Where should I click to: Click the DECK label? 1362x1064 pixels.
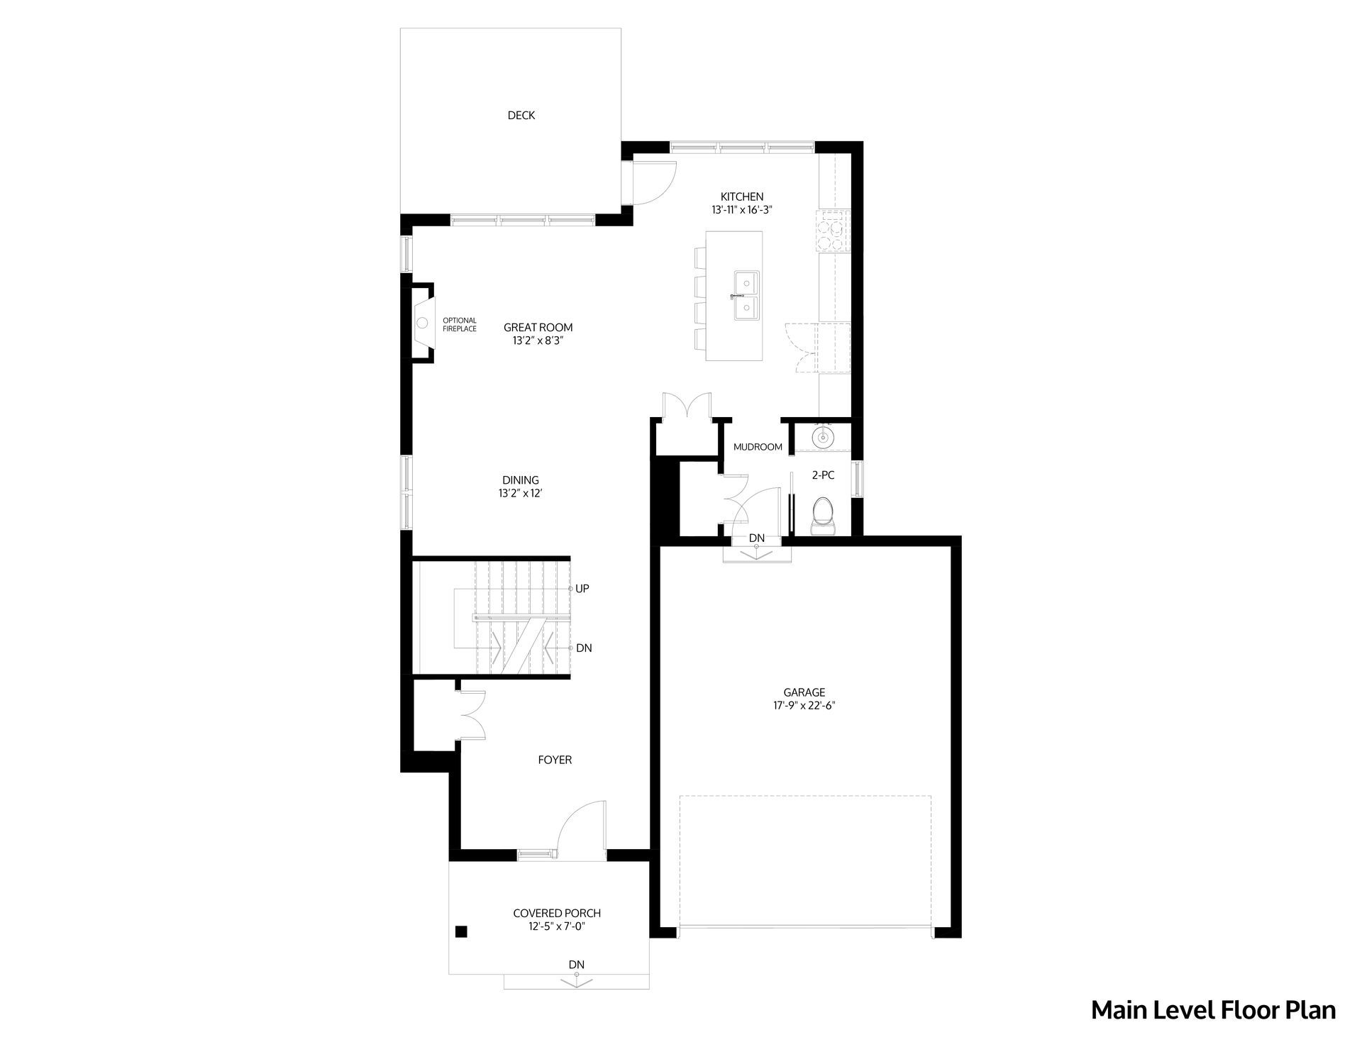(521, 115)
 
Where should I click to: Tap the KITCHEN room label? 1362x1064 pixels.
(742, 196)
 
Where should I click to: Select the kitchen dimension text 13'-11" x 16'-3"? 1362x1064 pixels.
(742, 210)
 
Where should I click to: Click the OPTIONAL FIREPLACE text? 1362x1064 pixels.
(460, 325)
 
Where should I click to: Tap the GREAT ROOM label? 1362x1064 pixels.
(538, 328)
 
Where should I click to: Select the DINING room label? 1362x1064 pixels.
(521, 480)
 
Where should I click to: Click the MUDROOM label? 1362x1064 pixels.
(758, 447)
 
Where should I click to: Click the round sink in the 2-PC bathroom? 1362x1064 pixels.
(823, 437)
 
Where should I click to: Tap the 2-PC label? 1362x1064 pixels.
(823, 475)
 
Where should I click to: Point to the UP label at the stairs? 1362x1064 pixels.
(582, 589)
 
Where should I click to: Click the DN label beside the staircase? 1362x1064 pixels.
(584, 648)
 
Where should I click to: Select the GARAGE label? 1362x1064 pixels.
(804, 692)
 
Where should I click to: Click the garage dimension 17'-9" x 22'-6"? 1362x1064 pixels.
(804, 706)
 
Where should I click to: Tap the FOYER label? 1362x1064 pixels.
(555, 760)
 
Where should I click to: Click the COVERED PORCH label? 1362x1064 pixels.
(557, 914)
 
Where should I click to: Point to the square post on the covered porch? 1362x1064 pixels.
(461, 931)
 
